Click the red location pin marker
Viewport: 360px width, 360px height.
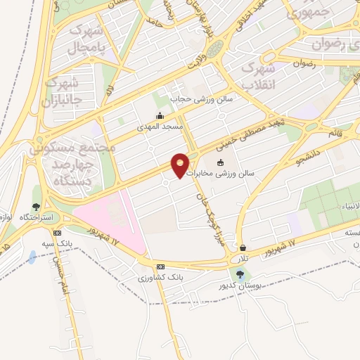(x=181, y=165)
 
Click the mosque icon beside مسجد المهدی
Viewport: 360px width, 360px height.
(x=160, y=116)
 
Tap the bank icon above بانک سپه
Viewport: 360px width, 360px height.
(x=57, y=233)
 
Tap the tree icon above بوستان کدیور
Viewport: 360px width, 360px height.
(x=241, y=275)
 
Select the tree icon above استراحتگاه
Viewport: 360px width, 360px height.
(x=36, y=207)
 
